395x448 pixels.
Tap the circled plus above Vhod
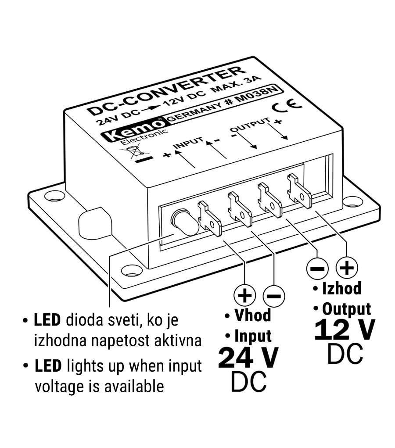pos(244,296)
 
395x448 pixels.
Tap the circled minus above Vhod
pos(273,296)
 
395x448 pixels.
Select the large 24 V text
pos(248,358)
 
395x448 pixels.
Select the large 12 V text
pos(345,330)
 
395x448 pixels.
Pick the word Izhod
pos(341,288)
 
